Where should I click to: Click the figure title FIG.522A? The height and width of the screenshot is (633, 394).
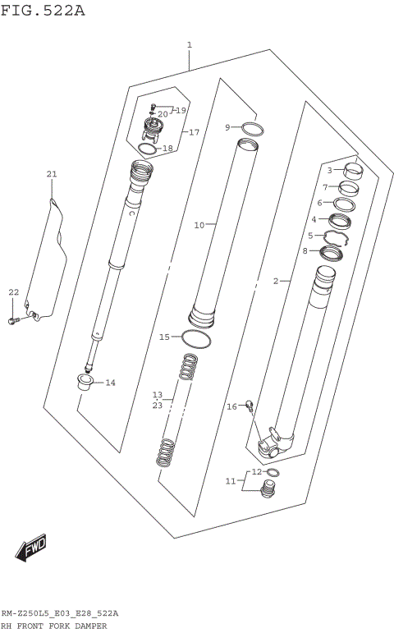tap(43, 10)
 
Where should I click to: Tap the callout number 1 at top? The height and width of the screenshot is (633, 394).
tap(190, 44)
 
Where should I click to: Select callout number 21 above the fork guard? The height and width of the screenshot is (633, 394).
tap(52, 174)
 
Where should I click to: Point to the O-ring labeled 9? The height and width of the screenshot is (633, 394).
tap(253, 129)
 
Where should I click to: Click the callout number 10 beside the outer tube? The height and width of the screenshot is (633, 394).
tap(199, 224)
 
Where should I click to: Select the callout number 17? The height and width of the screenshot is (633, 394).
tap(194, 132)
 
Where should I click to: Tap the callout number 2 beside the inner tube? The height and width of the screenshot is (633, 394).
tap(276, 281)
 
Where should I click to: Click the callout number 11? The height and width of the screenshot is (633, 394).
tap(231, 480)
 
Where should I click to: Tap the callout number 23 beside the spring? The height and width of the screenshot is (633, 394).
tap(158, 405)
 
